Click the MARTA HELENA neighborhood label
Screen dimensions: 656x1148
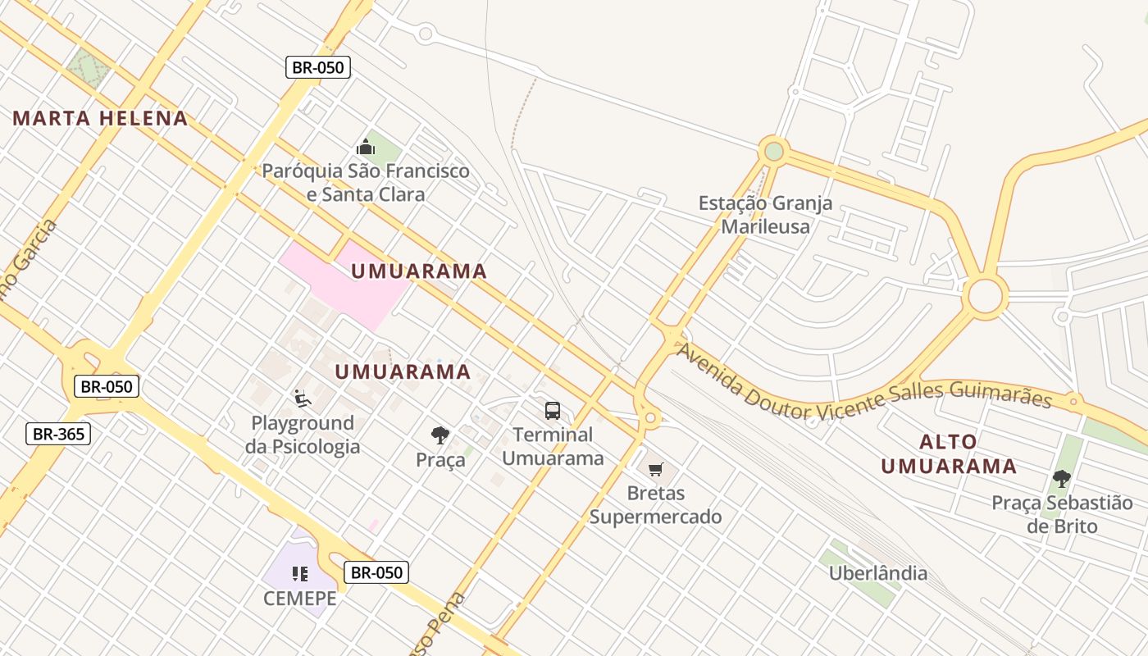[100, 118]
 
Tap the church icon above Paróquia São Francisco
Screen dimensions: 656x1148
[366, 148]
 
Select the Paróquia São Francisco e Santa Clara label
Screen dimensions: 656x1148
[366, 183]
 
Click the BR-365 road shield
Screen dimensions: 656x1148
[58, 434]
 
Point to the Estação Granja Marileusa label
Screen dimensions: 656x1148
[765, 215]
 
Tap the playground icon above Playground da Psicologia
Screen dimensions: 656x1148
[303, 399]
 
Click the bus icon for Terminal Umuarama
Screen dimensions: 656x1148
[553, 410]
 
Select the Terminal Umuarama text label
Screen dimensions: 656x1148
[553, 447]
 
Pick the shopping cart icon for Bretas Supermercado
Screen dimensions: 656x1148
[655, 470]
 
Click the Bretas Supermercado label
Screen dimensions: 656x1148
[656, 505]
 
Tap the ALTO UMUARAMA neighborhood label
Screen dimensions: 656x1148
[949, 454]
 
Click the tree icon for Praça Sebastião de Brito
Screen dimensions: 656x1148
[1062, 478]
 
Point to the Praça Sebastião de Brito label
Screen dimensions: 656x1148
[1062, 514]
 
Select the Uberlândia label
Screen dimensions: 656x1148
[878, 573]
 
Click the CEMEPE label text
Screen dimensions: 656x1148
[300, 599]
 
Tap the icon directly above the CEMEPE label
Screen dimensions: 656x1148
[300, 574]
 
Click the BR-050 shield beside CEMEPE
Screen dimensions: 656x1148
[376, 572]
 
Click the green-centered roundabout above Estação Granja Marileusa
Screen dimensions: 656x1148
[773, 151]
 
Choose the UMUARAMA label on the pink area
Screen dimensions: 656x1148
[419, 271]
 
